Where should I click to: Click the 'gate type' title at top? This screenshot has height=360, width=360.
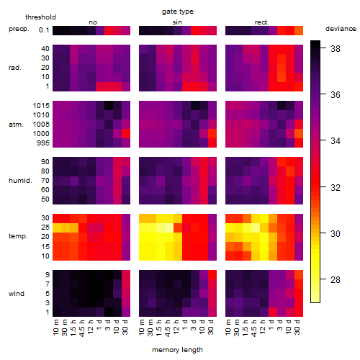coord(178,12)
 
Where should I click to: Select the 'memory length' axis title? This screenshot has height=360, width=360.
coord(177,350)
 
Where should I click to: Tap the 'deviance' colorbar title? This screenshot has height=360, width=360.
coord(341,29)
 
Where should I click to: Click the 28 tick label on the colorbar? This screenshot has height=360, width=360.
coord(336,279)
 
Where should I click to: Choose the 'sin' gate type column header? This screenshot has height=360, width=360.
coord(177,22)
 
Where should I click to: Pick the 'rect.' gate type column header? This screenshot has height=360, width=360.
coord(261,22)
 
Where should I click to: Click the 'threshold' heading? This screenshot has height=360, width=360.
coord(40,17)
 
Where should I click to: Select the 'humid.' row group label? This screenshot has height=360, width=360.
coord(20,181)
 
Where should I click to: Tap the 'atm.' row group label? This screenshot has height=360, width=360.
coord(16,125)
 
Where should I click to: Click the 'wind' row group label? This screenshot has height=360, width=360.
coord(17,294)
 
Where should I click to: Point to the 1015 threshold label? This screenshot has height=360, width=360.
coord(41,106)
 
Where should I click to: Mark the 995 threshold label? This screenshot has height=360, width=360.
coord(43,143)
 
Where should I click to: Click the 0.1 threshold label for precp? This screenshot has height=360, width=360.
coord(44,30)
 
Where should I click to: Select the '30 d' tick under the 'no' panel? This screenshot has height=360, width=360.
coord(125,327)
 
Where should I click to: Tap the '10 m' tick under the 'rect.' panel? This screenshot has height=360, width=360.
coord(228,328)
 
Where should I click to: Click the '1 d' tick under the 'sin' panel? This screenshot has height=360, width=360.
coord(185,325)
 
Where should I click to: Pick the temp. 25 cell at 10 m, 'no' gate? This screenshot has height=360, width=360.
coord(57,228)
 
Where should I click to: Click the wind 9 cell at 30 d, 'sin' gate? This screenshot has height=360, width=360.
coord(212,275)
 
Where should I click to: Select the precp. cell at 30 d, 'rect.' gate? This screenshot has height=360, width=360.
coord(299,30)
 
